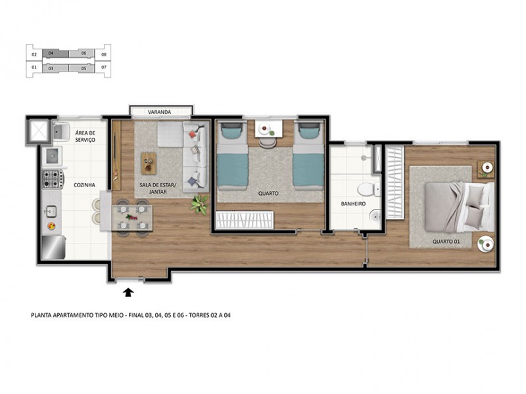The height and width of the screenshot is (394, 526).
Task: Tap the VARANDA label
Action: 160,112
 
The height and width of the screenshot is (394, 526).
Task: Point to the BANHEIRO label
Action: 353,204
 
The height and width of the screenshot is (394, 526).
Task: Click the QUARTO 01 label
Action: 446,241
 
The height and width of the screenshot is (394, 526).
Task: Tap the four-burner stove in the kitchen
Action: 53,177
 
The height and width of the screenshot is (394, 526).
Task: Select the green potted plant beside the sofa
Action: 199,205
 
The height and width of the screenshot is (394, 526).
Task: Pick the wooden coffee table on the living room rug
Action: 149,160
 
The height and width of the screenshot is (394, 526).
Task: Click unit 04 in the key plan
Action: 51,54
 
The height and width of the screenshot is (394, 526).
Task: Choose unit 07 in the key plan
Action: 104,67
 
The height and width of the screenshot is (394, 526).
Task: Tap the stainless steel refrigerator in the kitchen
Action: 53,248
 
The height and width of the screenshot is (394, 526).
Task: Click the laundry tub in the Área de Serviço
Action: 63,131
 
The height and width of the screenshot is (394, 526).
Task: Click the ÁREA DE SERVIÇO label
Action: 86,136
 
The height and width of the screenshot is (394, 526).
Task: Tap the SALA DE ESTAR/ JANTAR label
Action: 156,188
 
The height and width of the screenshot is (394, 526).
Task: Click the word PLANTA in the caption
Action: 43,315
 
